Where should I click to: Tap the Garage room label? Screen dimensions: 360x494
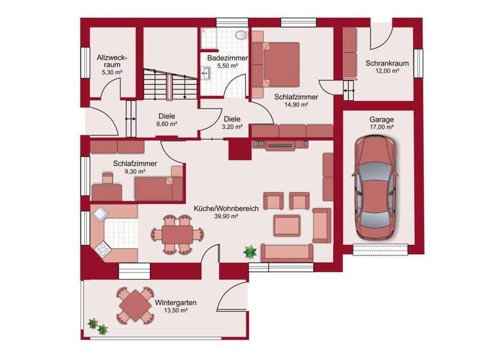click(x=381, y=120)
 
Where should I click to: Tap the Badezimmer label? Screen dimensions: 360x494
click(x=223, y=58)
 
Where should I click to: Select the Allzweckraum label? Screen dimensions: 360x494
click(x=111, y=62)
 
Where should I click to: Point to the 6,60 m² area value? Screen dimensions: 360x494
click(x=166, y=125)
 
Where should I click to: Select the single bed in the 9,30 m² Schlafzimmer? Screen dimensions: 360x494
click(x=159, y=186)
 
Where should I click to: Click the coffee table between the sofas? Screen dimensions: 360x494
click(x=287, y=225)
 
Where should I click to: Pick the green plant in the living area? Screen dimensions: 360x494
click(x=250, y=252)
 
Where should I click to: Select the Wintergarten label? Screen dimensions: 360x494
click(x=176, y=302)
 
